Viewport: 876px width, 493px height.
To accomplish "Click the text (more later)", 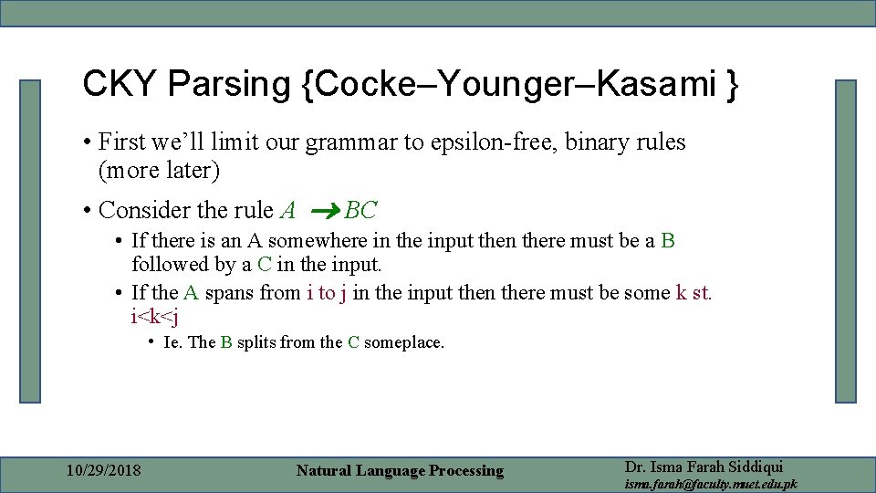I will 159,170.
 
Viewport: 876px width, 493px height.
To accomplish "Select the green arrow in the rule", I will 326,212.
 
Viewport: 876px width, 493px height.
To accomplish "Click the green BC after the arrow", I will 360,211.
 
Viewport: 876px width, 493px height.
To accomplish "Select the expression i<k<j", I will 154,317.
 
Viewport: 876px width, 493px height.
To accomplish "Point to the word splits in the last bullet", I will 258,342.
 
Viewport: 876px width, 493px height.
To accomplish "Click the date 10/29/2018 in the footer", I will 104,471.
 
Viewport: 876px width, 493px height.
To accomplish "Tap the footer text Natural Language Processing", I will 400,471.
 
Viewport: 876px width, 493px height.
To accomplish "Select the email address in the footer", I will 710,484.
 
